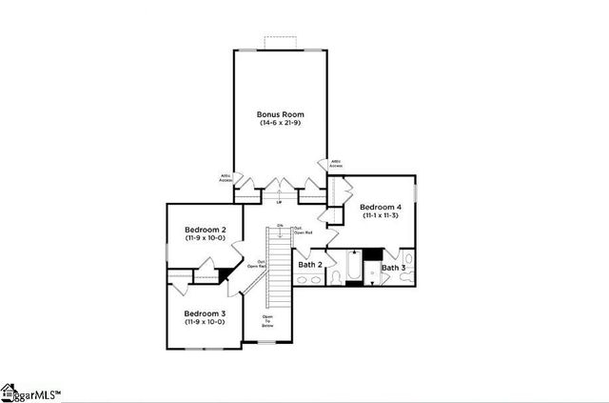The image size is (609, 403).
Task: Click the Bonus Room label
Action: tap(281, 113)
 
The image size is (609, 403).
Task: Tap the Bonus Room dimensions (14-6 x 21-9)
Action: tap(281, 123)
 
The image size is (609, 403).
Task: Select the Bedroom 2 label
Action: tap(205, 230)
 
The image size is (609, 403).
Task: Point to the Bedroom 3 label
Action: tap(205, 313)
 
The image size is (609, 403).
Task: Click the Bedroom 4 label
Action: tap(380, 207)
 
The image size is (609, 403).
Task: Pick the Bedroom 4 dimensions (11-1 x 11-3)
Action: tap(380, 216)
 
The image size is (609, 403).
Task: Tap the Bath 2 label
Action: tap(310, 264)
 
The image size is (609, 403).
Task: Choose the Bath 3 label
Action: tap(393, 268)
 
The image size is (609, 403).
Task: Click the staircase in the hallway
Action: tap(278, 267)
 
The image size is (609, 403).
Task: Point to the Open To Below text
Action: tap(268, 320)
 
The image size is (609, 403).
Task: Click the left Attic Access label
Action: tap(226, 177)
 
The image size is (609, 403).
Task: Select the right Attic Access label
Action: tap(336, 163)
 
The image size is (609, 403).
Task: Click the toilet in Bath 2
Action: tap(335, 277)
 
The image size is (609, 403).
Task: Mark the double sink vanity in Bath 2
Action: tap(309, 280)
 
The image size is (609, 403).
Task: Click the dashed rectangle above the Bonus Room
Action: tap(281, 41)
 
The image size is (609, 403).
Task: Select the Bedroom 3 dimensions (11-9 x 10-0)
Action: tap(205, 322)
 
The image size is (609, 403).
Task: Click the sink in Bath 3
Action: tap(408, 258)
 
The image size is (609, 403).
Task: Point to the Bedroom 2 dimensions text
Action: tap(205, 238)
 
